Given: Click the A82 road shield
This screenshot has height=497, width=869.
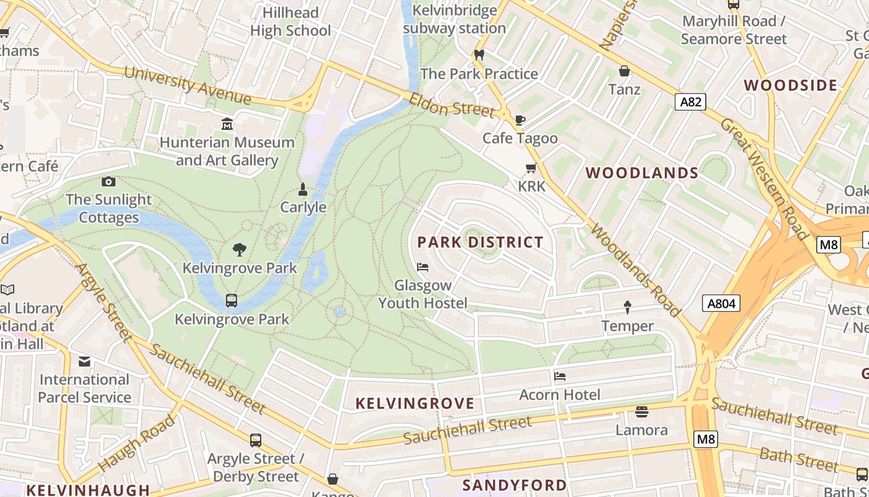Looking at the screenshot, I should coord(690,101).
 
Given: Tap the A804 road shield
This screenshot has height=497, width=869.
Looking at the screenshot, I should coord(721,303).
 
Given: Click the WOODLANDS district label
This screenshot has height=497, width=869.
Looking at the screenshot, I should coord(642,173).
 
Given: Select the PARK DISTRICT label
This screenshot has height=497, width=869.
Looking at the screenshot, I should coord(480,242).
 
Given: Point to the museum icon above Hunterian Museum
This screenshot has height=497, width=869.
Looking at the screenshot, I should coord(227,124).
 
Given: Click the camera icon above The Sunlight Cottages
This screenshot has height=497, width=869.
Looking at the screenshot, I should coord(109,181).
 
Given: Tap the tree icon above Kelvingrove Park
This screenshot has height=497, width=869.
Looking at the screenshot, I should coord(240,250).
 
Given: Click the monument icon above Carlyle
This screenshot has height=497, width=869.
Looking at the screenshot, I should coord(303,189).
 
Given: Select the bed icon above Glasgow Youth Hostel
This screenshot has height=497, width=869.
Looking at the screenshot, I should coord(423,267).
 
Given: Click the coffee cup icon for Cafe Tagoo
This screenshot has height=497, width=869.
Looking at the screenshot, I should coord(520,120).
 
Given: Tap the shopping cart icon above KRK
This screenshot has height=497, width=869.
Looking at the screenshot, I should coord(531,168).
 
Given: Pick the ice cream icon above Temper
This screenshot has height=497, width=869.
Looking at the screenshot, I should coord(627,307).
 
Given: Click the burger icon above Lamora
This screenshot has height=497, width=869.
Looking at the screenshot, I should coord(641,411).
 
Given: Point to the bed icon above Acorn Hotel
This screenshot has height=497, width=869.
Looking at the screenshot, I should coord(560,376).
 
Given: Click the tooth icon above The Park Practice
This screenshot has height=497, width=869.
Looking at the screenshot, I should coord(479,55).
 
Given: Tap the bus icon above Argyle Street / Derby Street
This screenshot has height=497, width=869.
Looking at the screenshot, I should coord(255,440).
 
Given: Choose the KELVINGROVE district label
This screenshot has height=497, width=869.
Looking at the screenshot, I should coord(415,403).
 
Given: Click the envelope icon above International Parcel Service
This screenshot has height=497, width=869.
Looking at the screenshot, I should coord(84,362).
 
